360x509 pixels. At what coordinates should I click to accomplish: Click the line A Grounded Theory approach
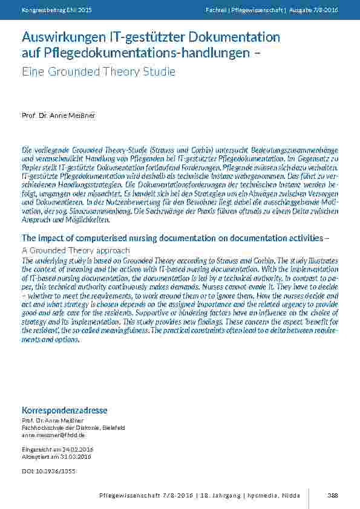76,250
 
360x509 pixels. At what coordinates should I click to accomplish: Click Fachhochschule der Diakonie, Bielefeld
73,427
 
